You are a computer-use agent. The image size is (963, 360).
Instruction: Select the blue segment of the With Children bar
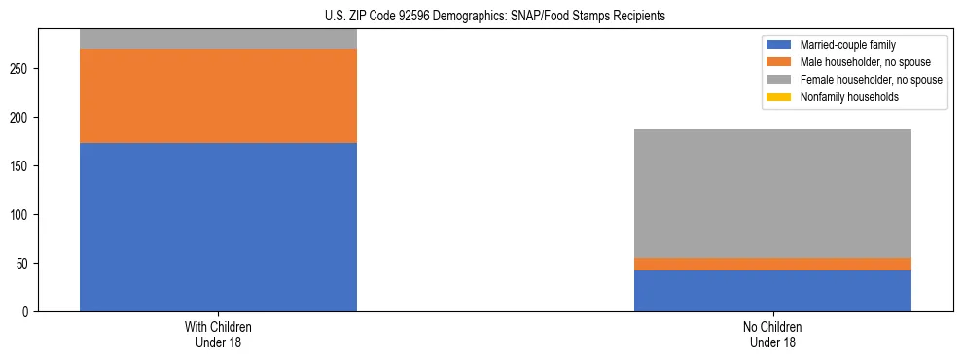(x=218, y=227)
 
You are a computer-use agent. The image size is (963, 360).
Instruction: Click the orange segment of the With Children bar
(x=218, y=95)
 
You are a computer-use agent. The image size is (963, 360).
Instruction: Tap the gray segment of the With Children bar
(x=218, y=39)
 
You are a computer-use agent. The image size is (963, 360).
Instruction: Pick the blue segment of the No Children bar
(x=772, y=291)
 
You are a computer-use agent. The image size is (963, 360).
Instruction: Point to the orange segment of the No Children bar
(x=772, y=264)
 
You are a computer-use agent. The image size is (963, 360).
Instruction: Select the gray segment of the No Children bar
(x=772, y=194)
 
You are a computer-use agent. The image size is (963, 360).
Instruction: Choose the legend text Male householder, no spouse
(x=858, y=62)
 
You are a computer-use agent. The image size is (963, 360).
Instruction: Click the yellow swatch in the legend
(x=779, y=97)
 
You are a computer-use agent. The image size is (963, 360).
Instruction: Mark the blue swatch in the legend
(x=779, y=45)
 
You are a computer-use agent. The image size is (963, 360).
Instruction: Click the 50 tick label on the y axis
(x=25, y=264)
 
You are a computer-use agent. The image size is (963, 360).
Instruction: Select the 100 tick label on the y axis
(x=22, y=215)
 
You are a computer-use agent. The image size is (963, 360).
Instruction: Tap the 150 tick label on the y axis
(x=22, y=166)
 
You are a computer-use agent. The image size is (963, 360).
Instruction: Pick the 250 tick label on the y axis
(x=22, y=69)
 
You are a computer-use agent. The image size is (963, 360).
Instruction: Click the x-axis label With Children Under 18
(x=218, y=335)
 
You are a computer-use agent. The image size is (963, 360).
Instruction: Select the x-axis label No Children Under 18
(x=772, y=335)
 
